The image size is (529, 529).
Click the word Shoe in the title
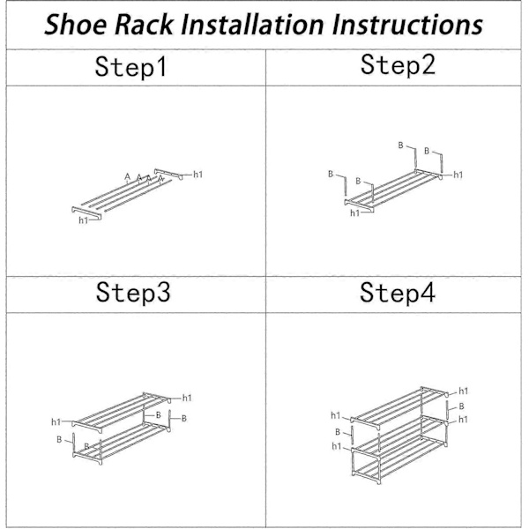pyautogui.click(x=75, y=25)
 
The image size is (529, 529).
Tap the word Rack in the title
pyautogui.click(x=145, y=25)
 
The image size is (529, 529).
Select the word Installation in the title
pyautogui.click(x=252, y=25)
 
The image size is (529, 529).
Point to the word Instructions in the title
pyautogui.click(x=407, y=25)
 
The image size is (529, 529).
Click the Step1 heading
pyautogui.click(x=130, y=67)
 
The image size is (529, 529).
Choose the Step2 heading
pyautogui.click(x=398, y=64)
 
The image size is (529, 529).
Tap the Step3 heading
pyautogui.click(x=133, y=292)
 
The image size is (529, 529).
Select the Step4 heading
pyautogui.click(x=398, y=293)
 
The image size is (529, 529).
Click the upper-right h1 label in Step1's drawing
pyautogui.click(x=197, y=175)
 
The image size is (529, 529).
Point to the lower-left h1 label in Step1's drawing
pyautogui.click(x=84, y=220)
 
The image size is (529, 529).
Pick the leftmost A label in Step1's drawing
pyautogui.click(x=127, y=176)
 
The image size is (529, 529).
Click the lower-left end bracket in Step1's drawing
pyautogui.click(x=86, y=213)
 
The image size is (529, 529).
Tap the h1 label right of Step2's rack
pyautogui.click(x=458, y=175)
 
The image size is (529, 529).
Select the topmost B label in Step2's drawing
pyautogui.click(x=400, y=145)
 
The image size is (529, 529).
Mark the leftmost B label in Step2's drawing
pyautogui.click(x=331, y=174)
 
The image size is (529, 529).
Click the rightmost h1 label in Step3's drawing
pyautogui.click(x=187, y=399)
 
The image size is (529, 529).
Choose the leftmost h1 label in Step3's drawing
pyautogui.click(x=56, y=421)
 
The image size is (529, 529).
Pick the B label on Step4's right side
pyautogui.click(x=461, y=406)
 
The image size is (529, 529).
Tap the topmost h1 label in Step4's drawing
pyautogui.click(x=463, y=391)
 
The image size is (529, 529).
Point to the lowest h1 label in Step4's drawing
pyautogui.click(x=337, y=446)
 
